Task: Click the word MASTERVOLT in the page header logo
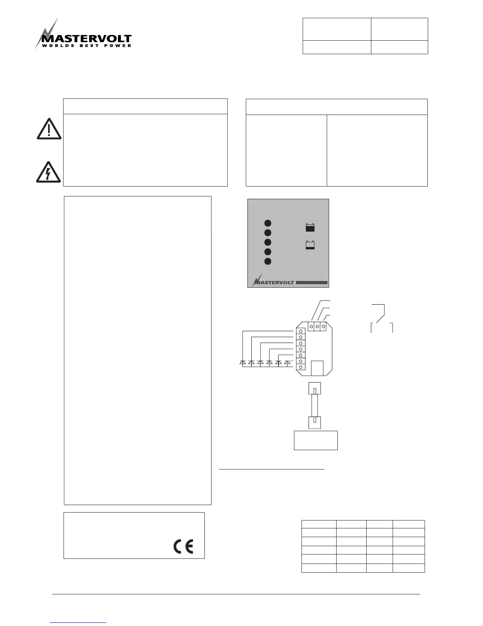pyautogui.click(x=86, y=39)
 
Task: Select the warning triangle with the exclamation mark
pyautogui.click(x=49, y=129)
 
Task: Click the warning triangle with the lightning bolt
pyautogui.click(x=48, y=172)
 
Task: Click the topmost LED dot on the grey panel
pyautogui.click(x=268, y=223)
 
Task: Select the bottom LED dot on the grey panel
pyautogui.click(x=268, y=261)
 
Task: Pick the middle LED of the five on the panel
pyautogui.click(x=268, y=242)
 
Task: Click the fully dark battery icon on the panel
pyautogui.click(x=310, y=228)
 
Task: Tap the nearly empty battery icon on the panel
pyautogui.click(x=310, y=245)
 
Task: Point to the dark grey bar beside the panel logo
pyautogui.click(x=312, y=283)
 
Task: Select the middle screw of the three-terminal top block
pyautogui.click(x=317, y=326)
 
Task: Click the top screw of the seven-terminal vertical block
pyautogui.click(x=301, y=331)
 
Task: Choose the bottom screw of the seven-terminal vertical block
pyautogui.click(x=301, y=367)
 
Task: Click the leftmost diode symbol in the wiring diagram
pyautogui.click(x=243, y=362)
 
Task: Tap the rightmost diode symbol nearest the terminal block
pyautogui.click(x=287, y=362)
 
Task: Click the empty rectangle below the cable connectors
pyautogui.click(x=316, y=440)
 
